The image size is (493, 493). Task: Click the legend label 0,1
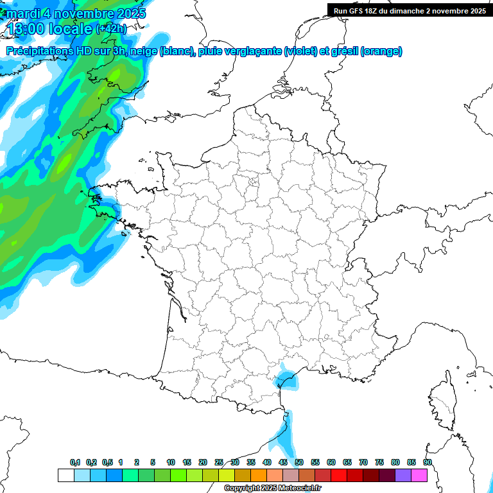[75, 462]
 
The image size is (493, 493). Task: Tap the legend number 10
[171, 462]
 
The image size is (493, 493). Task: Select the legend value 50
[299, 462]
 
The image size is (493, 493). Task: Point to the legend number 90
[428, 462]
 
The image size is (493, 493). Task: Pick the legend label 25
[219, 462]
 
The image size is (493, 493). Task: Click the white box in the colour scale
[65, 475]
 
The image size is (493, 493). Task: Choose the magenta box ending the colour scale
[420, 475]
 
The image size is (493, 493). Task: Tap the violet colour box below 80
[403, 475]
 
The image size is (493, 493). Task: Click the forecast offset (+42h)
[111, 28]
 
